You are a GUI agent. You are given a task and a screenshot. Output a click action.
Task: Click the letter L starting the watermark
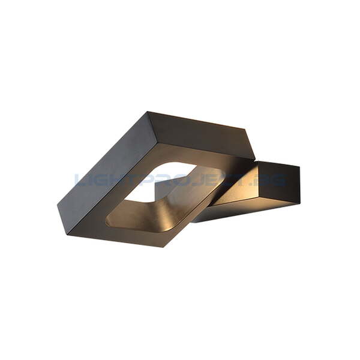(79, 179)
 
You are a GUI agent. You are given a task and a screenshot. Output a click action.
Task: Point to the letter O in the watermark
(181, 179)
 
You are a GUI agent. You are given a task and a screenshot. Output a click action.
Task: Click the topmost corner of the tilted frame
(148, 112)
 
